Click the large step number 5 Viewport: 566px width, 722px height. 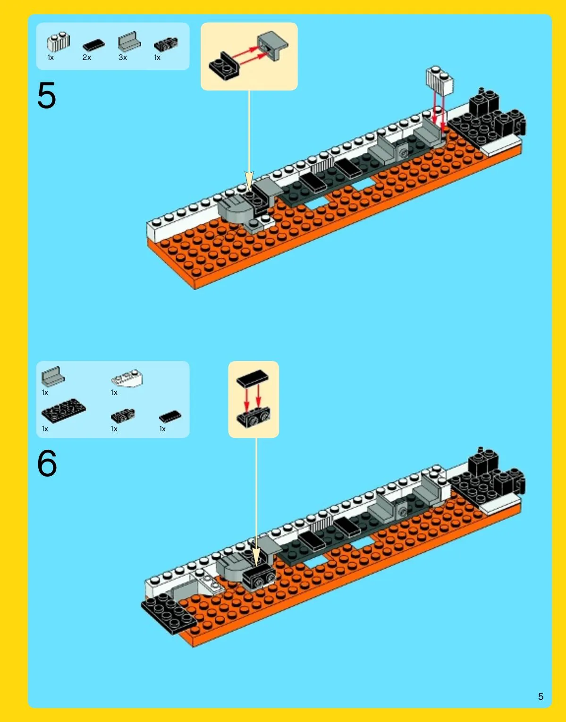pos(47,95)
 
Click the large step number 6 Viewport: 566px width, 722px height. pos(47,463)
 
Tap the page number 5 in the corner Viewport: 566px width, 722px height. pos(541,697)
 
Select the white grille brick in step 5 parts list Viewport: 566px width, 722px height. pos(59,42)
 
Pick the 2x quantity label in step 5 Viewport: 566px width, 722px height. pos(87,58)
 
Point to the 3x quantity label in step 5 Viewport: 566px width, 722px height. pos(123,58)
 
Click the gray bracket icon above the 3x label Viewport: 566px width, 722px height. pos(129,42)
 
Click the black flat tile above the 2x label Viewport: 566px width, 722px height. pos(93,45)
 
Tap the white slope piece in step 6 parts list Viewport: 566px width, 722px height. pos(127,378)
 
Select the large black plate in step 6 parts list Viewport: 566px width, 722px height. pos(63,411)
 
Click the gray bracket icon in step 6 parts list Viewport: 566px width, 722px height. pos(53,377)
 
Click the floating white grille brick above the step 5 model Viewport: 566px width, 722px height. pos(439,81)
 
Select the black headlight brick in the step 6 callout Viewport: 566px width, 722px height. pos(253,417)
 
